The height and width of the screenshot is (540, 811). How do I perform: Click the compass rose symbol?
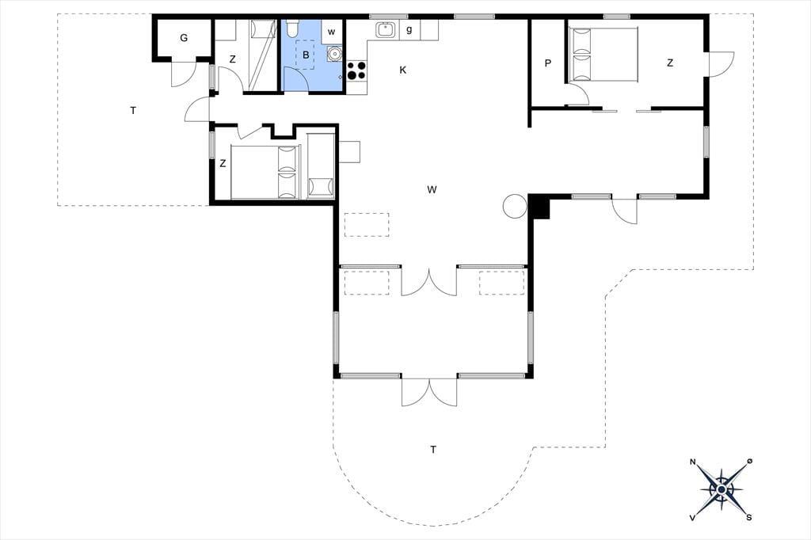click(x=721, y=489)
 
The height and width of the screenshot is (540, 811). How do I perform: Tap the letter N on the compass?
click(x=692, y=462)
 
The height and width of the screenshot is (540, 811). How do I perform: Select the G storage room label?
click(x=184, y=38)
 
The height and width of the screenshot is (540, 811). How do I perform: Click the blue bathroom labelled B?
click(x=312, y=56)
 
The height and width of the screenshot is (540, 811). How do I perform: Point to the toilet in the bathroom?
click(x=292, y=28)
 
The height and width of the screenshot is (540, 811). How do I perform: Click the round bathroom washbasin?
click(x=334, y=53)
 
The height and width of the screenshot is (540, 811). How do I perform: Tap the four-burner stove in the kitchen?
click(x=356, y=70)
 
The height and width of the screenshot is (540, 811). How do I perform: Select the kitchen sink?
click(x=386, y=29)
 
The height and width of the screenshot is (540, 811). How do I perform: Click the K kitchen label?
click(x=403, y=70)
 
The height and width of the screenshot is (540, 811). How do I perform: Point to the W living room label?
click(x=432, y=189)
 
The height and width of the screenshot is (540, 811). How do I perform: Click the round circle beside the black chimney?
click(x=515, y=206)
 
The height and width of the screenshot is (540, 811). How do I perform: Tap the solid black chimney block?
click(x=539, y=208)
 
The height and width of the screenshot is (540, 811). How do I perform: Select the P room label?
click(x=548, y=63)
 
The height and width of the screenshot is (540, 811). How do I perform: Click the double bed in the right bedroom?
click(x=603, y=55)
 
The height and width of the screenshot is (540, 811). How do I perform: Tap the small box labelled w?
click(x=332, y=32)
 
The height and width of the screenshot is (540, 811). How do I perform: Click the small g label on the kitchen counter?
click(x=409, y=29)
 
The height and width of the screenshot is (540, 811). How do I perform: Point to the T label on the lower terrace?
click(x=433, y=449)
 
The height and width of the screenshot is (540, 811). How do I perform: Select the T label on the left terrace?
click(x=133, y=110)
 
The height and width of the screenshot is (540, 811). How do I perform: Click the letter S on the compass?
click(x=748, y=517)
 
